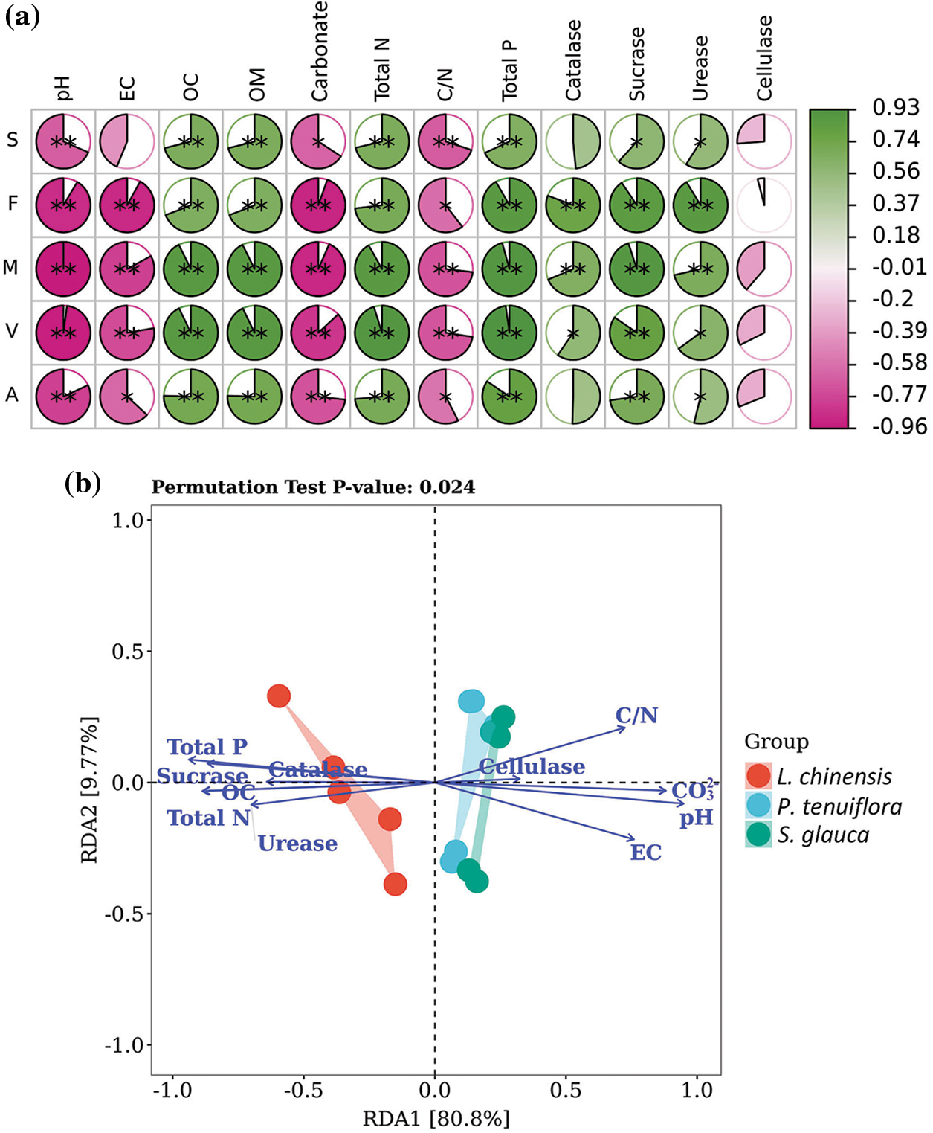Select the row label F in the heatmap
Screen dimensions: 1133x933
13,203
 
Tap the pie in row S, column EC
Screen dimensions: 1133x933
127,141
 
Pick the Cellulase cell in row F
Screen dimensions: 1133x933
763,204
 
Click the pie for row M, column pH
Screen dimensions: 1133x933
63,268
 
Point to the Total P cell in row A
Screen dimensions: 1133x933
509,396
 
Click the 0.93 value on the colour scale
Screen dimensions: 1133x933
896,107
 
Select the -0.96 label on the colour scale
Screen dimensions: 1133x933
900,426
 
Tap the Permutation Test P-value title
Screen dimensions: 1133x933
313,487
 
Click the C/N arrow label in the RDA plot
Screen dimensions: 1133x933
636,716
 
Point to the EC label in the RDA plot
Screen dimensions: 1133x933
645,853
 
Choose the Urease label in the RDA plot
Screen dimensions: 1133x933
297,844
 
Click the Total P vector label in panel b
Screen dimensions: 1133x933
207,747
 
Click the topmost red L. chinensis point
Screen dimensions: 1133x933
279,696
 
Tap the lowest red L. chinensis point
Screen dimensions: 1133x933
396,885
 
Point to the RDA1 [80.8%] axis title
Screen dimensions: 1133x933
436,1118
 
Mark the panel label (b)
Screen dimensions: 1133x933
83,484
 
